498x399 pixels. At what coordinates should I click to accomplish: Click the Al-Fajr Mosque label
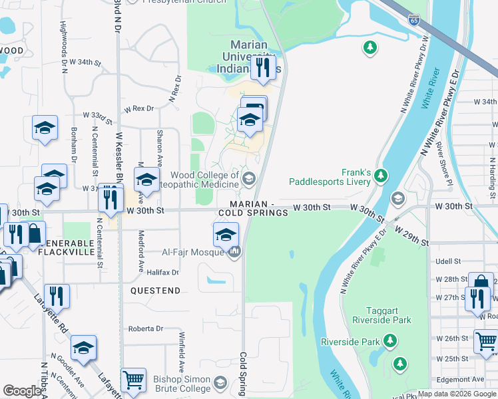(192, 252)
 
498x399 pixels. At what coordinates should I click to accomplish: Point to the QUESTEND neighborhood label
(156, 291)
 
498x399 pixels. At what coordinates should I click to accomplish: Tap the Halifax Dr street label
(163, 272)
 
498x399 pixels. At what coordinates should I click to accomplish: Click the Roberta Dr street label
(146, 329)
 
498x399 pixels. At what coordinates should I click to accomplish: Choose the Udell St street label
(449, 261)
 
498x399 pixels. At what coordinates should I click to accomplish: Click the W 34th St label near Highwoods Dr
(86, 62)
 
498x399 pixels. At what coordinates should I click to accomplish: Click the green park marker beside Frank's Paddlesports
(380, 176)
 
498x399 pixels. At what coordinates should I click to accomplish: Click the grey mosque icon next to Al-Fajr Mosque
(234, 252)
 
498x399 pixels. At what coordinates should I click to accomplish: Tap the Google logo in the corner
(22, 390)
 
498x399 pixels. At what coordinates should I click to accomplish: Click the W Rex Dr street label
(138, 108)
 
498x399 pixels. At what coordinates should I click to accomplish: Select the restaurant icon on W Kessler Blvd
(111, 198)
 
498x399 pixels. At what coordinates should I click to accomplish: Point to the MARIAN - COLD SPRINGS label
(254, 208)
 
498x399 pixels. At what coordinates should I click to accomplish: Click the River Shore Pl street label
(442, 162)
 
